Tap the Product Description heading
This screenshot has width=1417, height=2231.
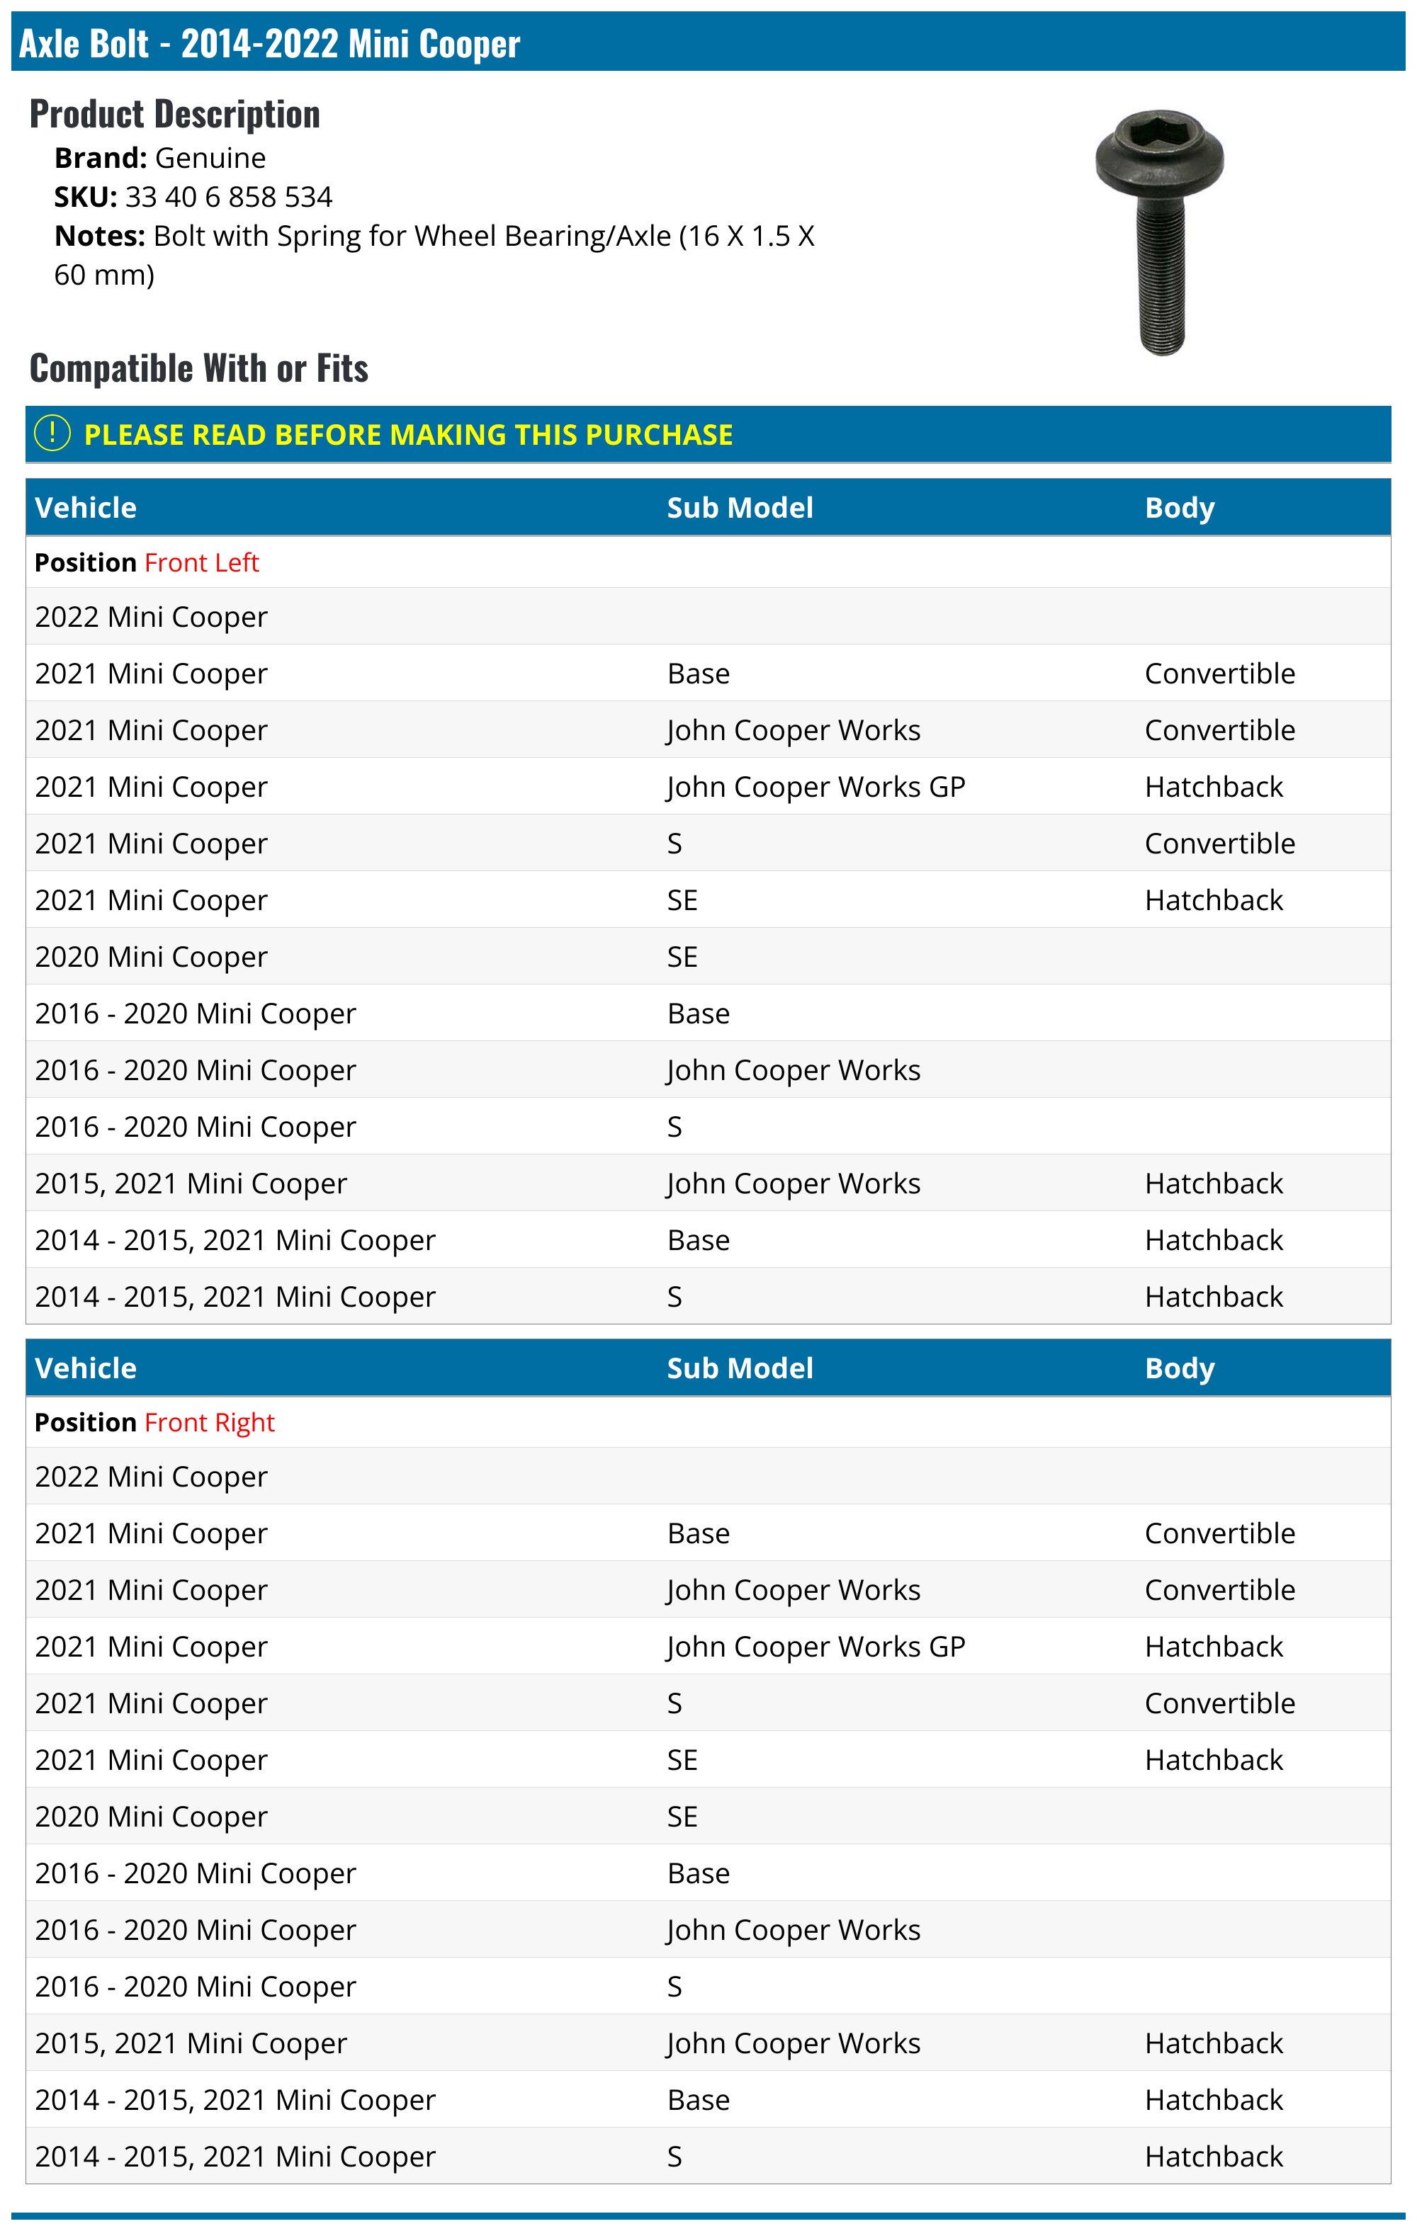[174, 114]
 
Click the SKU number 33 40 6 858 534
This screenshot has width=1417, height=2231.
[228, 198]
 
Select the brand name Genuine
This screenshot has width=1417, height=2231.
[210, 159]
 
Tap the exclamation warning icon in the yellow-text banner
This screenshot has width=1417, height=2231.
[52, 433]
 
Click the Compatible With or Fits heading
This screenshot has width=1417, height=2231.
[198, 368]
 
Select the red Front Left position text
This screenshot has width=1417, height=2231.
[201, 562]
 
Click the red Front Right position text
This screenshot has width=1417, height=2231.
[210, 1422]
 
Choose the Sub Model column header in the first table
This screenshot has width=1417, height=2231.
[740, 508]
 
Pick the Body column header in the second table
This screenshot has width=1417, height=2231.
[1179, 1368]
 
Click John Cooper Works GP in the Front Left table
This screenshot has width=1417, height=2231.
[815, 787]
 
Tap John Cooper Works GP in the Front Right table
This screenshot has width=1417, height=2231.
[815, 1647]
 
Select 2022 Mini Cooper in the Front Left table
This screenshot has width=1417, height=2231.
[151, 617]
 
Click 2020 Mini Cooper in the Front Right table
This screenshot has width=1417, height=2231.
[151, 1817]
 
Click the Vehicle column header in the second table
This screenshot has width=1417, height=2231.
[85, 1368]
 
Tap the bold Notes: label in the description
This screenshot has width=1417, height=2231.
[99, 237]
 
